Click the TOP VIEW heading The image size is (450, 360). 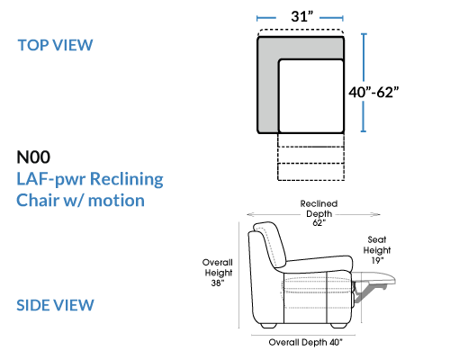point(55,45)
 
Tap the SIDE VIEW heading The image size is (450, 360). point(55,305)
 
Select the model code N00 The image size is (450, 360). point(33,157)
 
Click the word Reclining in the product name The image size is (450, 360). point(127,179)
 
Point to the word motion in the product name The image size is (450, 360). point(116,201)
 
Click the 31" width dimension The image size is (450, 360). point(301,16)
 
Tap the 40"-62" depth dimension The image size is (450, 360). point(373,92)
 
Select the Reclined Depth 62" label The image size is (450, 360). point(319,213)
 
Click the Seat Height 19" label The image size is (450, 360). point(377,250)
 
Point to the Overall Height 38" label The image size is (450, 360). point(218,273)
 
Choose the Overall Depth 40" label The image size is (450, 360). point(305,342)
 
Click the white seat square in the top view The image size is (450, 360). point(311,96)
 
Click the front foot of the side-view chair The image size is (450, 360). point(339,326)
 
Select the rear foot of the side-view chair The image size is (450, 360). point(268,326)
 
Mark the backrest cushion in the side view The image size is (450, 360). point(269,245)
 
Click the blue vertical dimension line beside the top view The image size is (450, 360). point(364,83)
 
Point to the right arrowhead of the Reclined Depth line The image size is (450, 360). point(376,214)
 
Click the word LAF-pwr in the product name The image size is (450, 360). point(51,179)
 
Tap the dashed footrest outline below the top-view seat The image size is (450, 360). point(311,157)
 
